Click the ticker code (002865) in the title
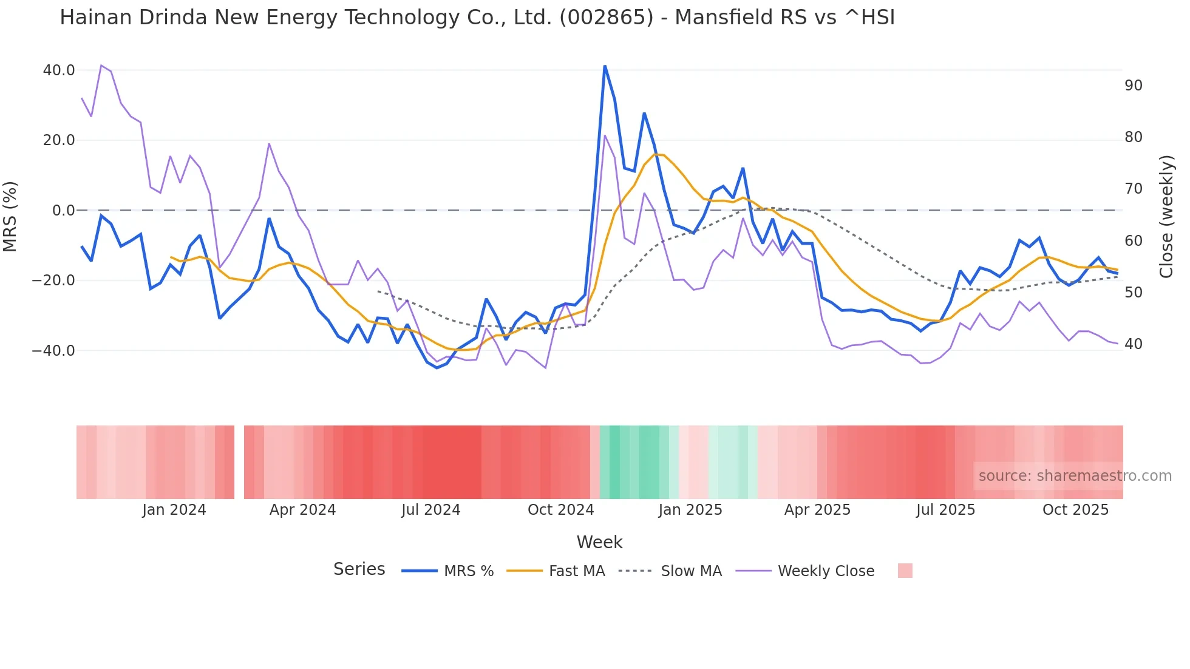(x=606, y=18)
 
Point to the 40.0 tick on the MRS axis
(x=59, y=70)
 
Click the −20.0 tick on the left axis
(x=53, y=280)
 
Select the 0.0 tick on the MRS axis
(x=64, y=211)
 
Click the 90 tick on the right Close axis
(x=1134, y=86)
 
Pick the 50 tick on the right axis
(x=1134, y=293)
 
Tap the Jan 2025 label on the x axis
(x=690, y=510)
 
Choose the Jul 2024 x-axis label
(x=431, y=510)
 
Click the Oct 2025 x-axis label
(x=1075, y=510)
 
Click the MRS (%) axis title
(x=10, y=216)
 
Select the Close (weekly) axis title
(x=1166, y=217)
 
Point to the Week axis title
(x=599, y=542)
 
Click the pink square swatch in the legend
(x=905, y=571)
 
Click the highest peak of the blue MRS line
(x=605, y=66)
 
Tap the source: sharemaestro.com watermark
(x=1075, y=476)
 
